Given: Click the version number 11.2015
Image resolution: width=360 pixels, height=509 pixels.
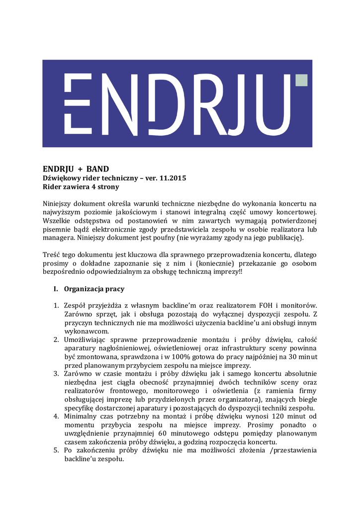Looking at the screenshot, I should tap(173, 178).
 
